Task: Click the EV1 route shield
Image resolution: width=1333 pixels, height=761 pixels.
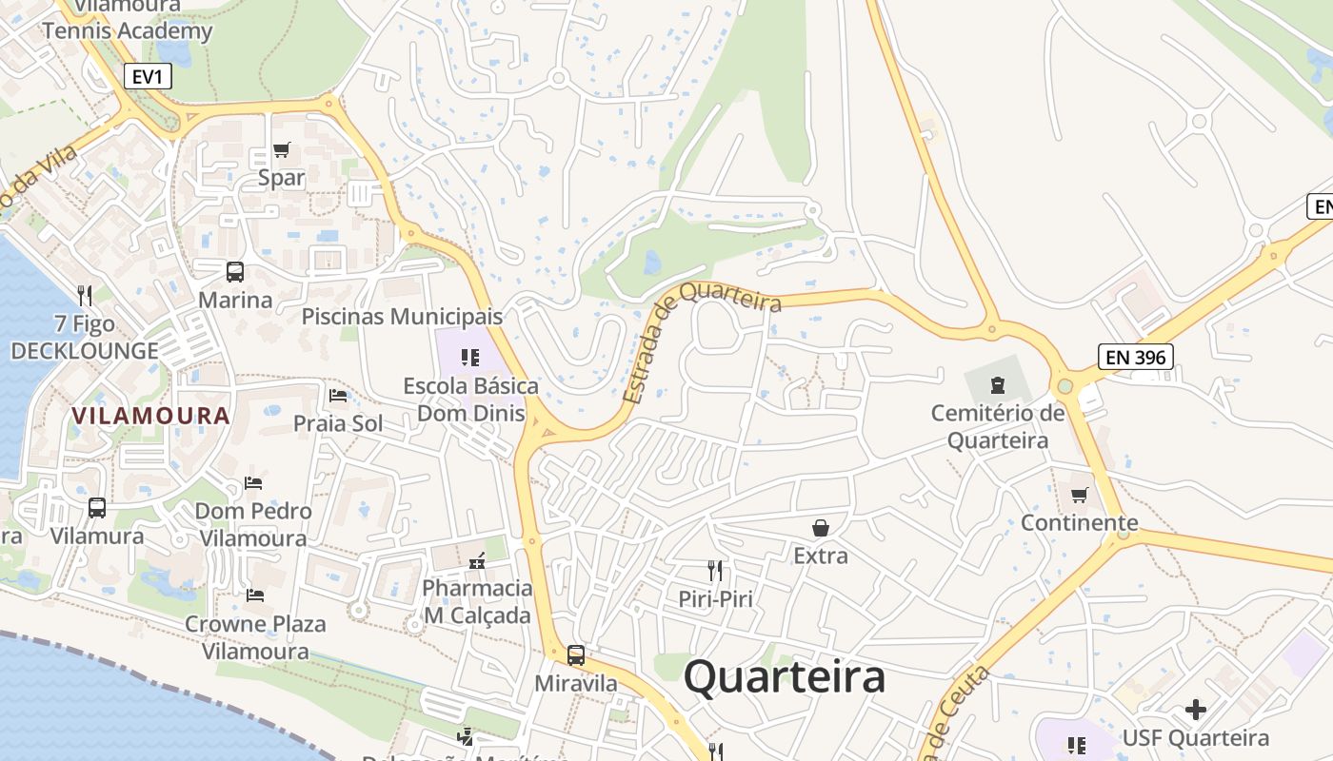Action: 147,76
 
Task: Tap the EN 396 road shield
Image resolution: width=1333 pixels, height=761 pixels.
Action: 1135,357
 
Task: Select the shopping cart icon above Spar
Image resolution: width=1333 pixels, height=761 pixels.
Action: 282,150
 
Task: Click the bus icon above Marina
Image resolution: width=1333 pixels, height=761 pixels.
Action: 235,272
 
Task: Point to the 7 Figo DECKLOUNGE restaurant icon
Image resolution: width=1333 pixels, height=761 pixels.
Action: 85,296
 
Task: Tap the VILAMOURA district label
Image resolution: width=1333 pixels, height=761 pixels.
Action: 150,416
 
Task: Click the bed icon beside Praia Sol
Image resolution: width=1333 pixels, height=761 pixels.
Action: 338,396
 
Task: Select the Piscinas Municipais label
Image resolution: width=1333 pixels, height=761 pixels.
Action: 402,316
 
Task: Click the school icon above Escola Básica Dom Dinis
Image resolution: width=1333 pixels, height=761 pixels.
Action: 470,358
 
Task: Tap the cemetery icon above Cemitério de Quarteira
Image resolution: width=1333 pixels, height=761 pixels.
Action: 997,385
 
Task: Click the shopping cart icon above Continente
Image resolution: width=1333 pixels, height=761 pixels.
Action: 1079,495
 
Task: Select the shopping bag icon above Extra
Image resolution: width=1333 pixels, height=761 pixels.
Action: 820,528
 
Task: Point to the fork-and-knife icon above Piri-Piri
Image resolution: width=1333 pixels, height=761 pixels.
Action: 715,571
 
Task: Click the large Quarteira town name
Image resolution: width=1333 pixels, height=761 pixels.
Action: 785,677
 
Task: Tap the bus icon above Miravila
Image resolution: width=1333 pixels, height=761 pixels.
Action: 576,655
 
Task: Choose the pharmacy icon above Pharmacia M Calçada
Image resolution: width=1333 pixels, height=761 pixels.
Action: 477,560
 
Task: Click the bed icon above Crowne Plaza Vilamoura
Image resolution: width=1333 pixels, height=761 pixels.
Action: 254,595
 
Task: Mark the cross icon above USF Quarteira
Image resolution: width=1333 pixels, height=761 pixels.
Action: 1195,710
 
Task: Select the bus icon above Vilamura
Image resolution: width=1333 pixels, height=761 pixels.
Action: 97,508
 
